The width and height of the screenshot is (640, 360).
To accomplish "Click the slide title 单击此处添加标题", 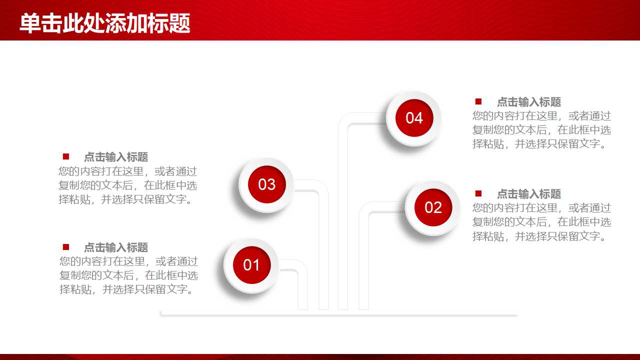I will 105,23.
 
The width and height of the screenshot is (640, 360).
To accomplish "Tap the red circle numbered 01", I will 251,265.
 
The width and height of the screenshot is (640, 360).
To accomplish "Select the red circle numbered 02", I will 433,207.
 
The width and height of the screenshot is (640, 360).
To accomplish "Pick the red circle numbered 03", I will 266,184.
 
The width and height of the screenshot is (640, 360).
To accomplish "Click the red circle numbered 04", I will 414,118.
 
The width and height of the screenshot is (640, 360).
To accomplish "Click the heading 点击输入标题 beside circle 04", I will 528,102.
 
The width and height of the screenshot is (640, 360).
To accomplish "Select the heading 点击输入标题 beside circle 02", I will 528,194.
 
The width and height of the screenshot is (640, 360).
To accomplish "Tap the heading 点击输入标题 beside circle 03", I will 115,157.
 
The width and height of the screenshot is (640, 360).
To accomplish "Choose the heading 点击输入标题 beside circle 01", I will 115,247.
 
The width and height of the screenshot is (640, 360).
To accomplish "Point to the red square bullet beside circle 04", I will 478,101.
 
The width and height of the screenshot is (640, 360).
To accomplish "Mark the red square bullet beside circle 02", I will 478,193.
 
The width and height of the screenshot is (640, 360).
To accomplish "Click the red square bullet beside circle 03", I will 65,156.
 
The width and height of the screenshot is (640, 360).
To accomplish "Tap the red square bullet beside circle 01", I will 65,247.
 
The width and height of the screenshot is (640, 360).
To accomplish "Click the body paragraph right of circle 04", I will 541,130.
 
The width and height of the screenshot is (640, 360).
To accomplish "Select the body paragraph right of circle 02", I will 541,222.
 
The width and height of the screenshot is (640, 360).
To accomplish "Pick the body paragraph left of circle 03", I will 127,185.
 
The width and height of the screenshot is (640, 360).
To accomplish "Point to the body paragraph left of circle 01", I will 128,275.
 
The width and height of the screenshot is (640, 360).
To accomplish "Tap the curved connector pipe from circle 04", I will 343,210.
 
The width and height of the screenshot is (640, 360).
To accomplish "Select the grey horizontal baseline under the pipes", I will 338,315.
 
